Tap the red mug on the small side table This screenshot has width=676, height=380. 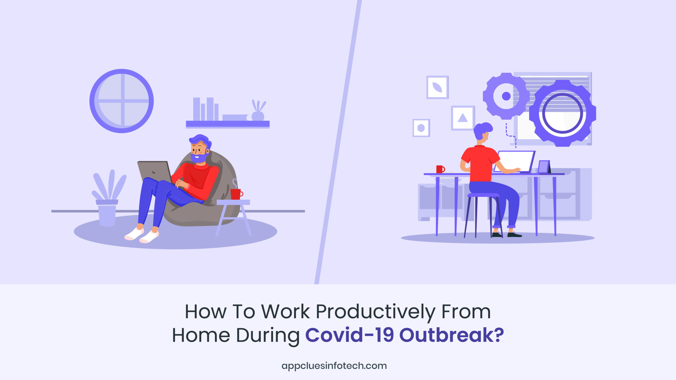coord(236,194)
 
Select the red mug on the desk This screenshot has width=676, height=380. coord(440,169)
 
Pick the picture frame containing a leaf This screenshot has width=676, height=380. coord(437,87)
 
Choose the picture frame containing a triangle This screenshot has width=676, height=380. coord(463,118)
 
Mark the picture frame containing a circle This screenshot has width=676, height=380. coord(421,128)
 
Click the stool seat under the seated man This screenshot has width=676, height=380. coord(483,195)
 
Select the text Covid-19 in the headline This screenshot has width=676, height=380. coord(350,335)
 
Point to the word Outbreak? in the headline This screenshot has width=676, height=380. coord(452,335)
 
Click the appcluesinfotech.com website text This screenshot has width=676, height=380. coord(334,366)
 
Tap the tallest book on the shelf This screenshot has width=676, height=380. coord(196,109)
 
